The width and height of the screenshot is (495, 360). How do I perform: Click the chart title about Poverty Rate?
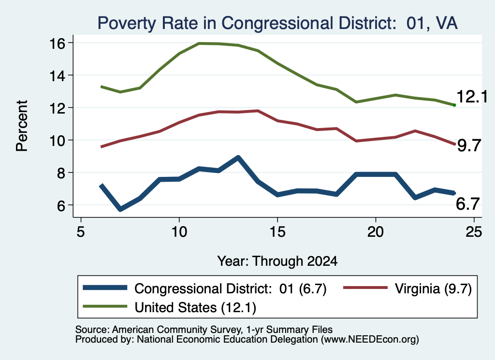tap(277, 23)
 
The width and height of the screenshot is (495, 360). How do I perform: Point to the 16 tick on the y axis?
tap(57, 43)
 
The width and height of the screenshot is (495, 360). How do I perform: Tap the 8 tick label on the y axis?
tap(60, 173)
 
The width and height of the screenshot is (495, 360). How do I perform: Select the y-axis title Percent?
tap(22, 126)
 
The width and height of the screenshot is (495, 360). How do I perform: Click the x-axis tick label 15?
tap(277, 232)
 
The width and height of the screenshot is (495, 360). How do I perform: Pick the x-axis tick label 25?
tap(474, 232)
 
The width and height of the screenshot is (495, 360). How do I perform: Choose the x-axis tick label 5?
tap(81, 232)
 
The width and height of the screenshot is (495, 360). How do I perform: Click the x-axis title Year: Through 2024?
tap(277, 261)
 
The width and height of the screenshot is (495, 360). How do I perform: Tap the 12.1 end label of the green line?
tap(472, 97)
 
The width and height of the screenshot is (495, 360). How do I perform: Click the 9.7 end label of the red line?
tap(469, 146)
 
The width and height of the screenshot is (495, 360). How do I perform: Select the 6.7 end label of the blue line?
tap(468, 204)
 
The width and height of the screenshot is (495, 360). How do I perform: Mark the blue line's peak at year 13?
tap(238, 158)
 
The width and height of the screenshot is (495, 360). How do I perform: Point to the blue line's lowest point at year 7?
tap(120, 209)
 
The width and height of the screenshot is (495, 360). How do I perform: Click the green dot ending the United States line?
tap(454, 105)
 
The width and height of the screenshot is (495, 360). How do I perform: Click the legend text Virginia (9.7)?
tap(433, 288)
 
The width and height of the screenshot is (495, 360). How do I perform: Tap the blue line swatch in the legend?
tap(105, 288)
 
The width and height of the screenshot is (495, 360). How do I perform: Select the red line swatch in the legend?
tap(365, 288)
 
